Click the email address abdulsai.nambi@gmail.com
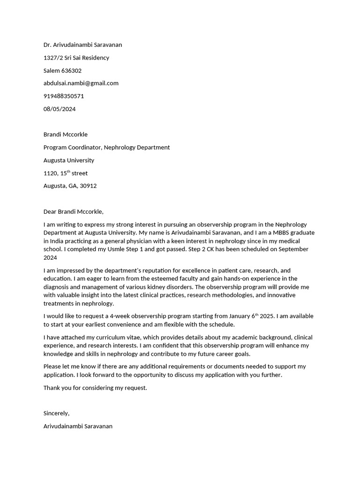(x=81, y=83)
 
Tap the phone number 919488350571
(x=64, y=96)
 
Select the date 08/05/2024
(x=60, y=109)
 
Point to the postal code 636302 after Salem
(x=71, y=71)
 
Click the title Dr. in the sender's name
(x=47, y=45)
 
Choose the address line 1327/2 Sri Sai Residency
(x=76, y=58)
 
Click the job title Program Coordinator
(x=71, y=147)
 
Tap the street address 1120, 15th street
(x=66, y=173)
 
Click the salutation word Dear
(x=50, y=211)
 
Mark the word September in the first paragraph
(x=293, y=249)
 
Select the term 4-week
(x=120, y=316)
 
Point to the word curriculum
(x=108, y=337)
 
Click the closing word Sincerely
(x=56, y=413)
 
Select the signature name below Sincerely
(x=78, y=427)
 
